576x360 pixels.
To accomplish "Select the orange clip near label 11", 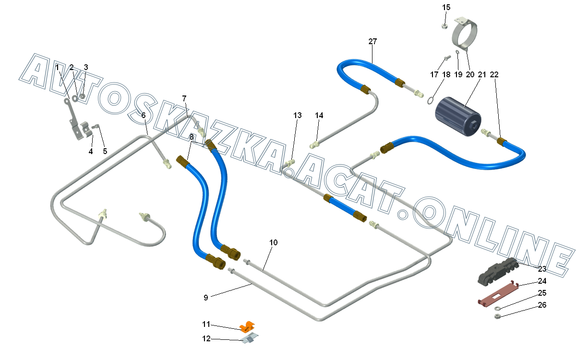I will pos(248,326).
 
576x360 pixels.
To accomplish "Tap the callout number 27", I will pos(373,41).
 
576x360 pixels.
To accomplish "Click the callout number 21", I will pos(482,74).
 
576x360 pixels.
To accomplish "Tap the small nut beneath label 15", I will pos(445,25).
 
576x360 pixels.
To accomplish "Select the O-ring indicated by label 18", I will pos(431,100).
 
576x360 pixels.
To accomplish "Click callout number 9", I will pos(206,298).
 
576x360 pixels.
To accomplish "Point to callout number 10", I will pos(273,242).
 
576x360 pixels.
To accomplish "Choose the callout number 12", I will pos(206,339).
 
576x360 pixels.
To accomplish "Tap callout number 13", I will pos(298,115).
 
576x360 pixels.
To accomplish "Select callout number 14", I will pos(319,115).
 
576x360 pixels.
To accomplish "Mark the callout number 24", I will pos(542,281).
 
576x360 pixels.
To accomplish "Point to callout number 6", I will pos(143,115).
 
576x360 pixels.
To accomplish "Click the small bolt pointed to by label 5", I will pos(96,127).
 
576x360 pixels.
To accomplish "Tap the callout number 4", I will pos(91,152).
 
